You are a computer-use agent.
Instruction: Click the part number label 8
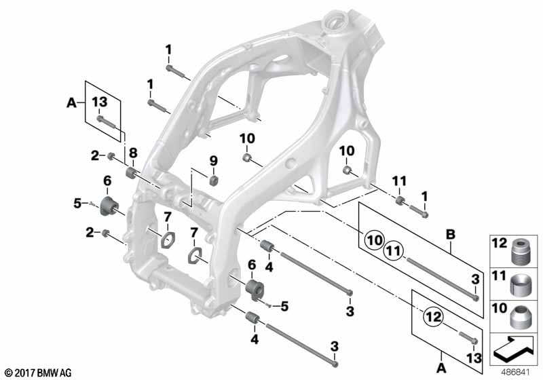(133, 153)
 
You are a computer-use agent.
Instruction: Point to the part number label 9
(214, 161)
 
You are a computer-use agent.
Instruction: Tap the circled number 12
(433, 317)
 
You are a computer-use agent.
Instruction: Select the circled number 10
(375, 240)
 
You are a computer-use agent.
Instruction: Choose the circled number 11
(394, 250)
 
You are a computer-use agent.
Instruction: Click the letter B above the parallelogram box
(450, 234)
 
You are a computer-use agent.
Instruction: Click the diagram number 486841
(516, 373)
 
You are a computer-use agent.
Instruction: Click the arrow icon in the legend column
(514, 348)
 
